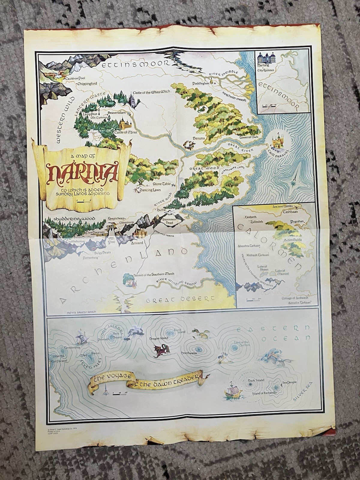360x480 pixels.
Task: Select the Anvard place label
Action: click(x=136, y=243)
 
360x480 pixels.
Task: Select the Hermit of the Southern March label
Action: click(x=156, y=274)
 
